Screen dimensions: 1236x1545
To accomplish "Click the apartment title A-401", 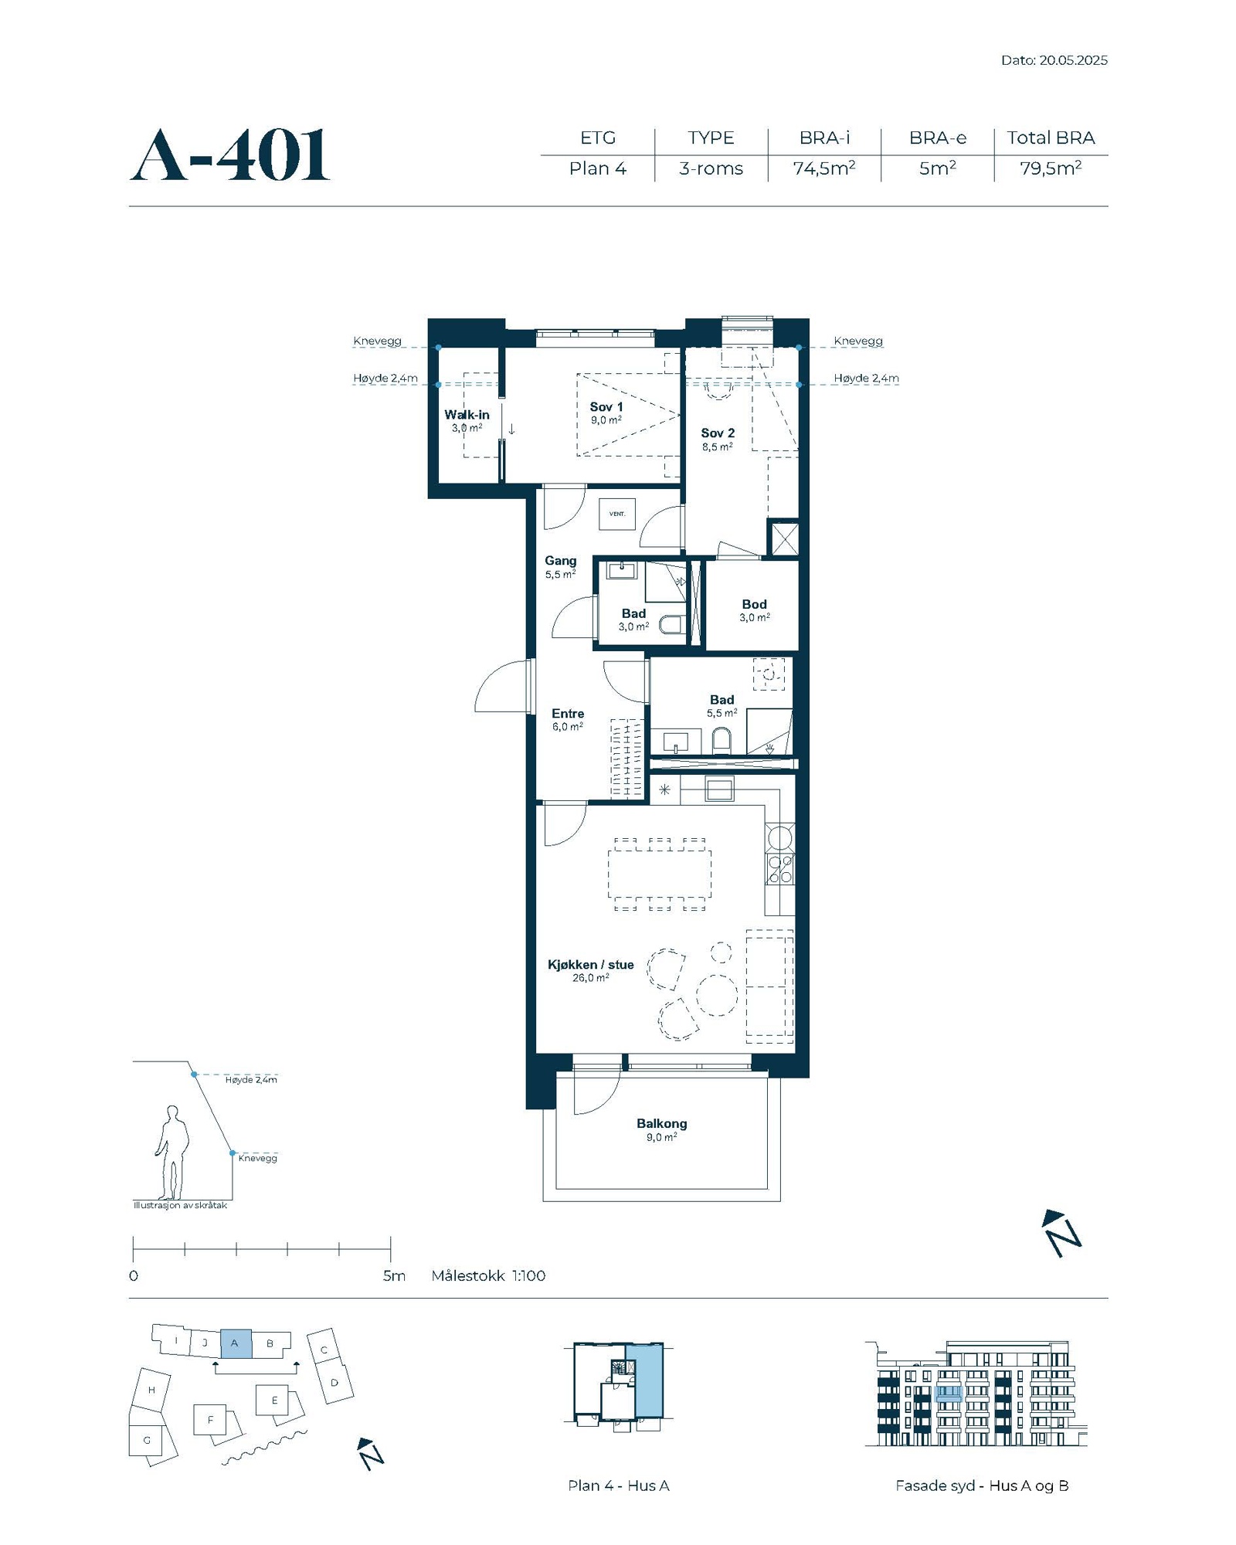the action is tap(230, 155).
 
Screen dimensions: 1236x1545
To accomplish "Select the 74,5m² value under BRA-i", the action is tap(823, 168).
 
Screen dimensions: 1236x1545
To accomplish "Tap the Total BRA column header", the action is tap(1051, 138).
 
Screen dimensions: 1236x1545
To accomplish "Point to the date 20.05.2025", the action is tap(1073, 60).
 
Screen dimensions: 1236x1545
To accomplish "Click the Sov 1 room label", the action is tap(606, 406).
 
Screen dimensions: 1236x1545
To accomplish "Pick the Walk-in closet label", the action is tap(467, 415).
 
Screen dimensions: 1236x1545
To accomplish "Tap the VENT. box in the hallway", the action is tap(617, 514).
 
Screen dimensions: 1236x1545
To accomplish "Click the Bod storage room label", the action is tap(754, 604).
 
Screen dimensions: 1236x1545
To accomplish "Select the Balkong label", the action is tap(661, 1123).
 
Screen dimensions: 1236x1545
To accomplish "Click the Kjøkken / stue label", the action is tap(590, 964).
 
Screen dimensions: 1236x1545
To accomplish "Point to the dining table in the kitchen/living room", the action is tap(660, 874).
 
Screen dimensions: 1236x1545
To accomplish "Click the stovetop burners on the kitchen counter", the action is tap(780, 869).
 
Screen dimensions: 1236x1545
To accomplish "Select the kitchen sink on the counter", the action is tap(719, 789).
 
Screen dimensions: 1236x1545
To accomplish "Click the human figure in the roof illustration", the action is tap(171, 1153).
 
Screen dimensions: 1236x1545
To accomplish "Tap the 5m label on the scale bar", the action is tap(394, 1275).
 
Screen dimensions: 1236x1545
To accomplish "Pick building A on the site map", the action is tap(236, 1343).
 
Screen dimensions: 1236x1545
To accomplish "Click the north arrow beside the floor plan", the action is tap(1061, 1234).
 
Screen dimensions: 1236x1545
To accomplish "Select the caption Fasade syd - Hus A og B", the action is tap(982, 1486).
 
